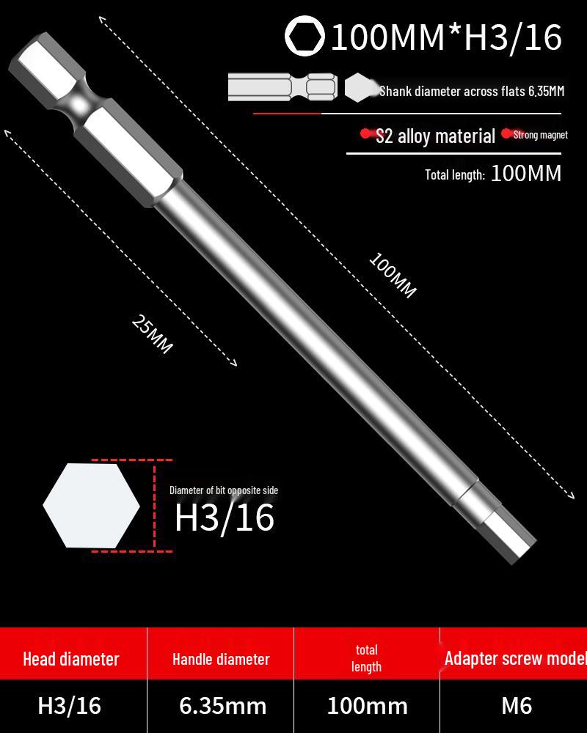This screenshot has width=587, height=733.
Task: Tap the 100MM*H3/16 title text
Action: pyautogui.click(x=446, y=37)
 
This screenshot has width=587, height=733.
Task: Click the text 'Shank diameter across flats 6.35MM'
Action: pyautogui.click(x=472, y=92)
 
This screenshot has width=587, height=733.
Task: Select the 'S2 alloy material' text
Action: pyautogui.click(x=435, y=136)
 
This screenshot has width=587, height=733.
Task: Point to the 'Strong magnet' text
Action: pyautogui.click(x=541, y=135)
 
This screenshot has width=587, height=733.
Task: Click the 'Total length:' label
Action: pyautogui.click(x=455, y=174)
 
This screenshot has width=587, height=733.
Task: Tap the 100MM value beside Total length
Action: pyautogui.click(x=525, y=174)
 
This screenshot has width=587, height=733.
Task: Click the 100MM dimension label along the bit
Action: pyautogui.click(x=393, y=276)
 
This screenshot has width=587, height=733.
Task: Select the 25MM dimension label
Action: pyautogui.click(x=153, y=334)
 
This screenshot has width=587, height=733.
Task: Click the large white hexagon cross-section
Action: pyautogui.click(x=91, y=505)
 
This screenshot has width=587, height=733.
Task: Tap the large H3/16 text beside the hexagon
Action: pyautogui.click(x=225, y=518)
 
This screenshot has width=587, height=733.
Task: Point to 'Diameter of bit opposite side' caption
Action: pyautogui.click(x=224, y=490)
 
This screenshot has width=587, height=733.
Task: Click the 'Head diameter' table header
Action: pyautogui.click(x=70, y=659)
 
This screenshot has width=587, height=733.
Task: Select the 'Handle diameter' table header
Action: pyautogui.click(x=221, y=659)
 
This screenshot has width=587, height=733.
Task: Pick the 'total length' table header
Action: pyautogui.click(x=366, y=658)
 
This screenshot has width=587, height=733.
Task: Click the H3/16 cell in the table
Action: pyautogui.click(x=70, y=706)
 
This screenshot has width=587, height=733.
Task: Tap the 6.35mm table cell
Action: pyautogui.click(x=223, y=706)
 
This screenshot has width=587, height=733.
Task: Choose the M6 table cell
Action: pyautogui.click(x=517, y=706)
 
